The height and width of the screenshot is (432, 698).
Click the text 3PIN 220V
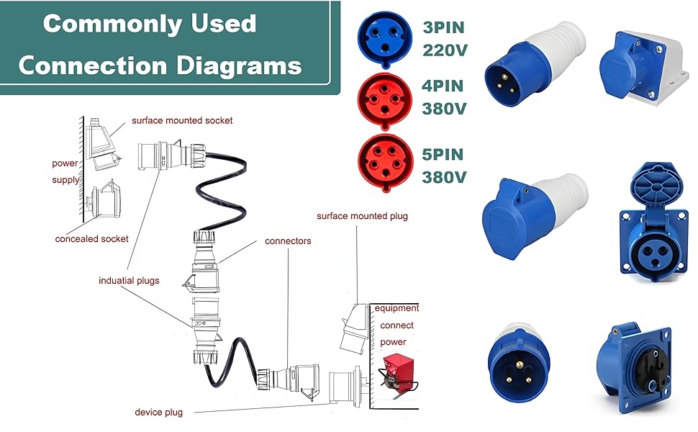click(x=443, y=40)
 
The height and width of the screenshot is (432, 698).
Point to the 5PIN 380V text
click(x=443, y=166)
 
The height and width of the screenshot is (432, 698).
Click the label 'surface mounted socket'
click(x=182, y=120)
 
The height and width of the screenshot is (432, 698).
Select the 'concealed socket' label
click(x=92, y=238)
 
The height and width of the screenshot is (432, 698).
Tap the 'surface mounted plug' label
click(x=362, y=216)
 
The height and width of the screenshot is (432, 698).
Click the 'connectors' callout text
click(x=288, y=240)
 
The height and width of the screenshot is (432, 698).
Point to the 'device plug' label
click(x=158, y=413)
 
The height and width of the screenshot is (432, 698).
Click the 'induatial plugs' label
click(x=129, y=280)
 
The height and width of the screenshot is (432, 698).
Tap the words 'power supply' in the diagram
click(x=65, y=171)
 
